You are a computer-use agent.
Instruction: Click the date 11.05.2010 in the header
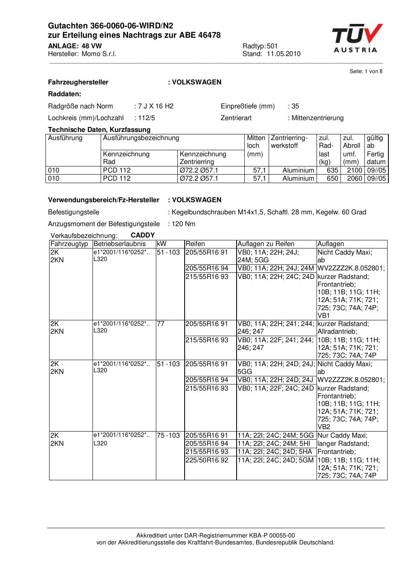[x=284, y=54]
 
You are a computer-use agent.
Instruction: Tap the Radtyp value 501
[x=272, y=46]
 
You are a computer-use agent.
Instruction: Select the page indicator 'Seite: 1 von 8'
[x=366, y=71]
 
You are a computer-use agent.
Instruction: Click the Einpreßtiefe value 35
[x=295, y=106]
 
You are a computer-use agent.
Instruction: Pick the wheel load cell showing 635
[x=332, y=171]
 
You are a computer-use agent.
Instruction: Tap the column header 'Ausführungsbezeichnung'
[x=141, y=138]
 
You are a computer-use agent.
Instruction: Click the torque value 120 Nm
[x=183, y=224]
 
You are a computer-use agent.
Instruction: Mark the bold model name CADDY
[x=142, y=235]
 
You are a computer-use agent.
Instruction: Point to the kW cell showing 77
[x=161, y=324]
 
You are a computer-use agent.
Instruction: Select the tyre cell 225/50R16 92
[x=207, y=460]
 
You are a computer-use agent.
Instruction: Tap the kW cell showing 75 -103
[x=168, y=436]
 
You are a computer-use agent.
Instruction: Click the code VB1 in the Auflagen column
[x=323, y=315]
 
